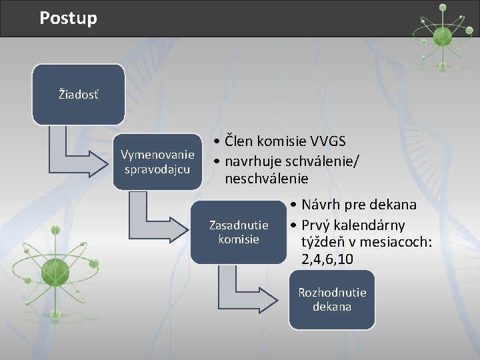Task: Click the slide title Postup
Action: [68, 18]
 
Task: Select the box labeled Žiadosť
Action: [78, 95]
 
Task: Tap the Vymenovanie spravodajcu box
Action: [157, 162]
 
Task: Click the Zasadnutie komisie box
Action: [239, 232]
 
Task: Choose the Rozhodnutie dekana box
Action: [331, 300]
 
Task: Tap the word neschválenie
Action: [267, 179]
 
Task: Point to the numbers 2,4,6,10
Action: [327, 259]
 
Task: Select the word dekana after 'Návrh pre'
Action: [393, 205]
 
